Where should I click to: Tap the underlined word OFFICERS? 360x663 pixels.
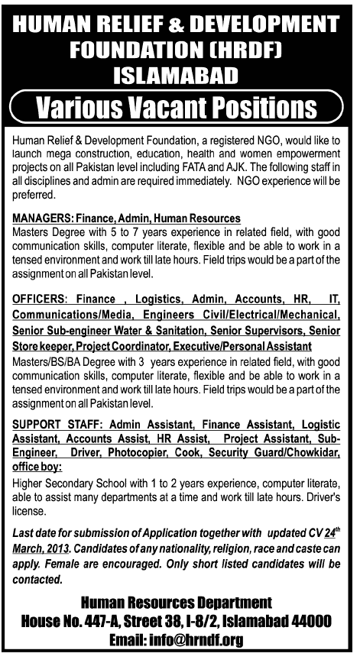point(40,299)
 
